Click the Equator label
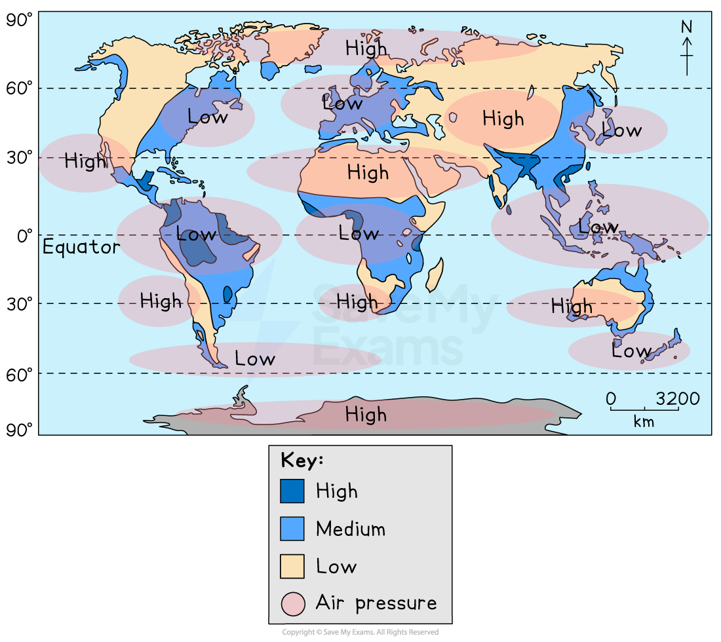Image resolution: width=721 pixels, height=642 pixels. (x=81, y=247)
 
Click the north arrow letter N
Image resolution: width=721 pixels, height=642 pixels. (x=686, y=27)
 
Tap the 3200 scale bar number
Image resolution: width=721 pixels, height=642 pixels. (x=677, y=399)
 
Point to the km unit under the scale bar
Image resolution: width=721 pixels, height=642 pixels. (x=644, y=422)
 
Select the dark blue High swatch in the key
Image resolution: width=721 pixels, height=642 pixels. (x=292, y=491)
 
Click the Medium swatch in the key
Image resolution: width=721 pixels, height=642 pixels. (x=292, y=529)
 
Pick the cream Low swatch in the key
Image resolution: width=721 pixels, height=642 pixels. (x=292, y=567)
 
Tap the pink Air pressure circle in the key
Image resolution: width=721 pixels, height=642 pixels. (x=292, y=603)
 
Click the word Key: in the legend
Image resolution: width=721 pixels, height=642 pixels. (x=302, y=460)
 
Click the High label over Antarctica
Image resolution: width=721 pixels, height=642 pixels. (x=366, y=415)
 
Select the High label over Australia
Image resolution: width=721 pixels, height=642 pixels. (x=572, y=306)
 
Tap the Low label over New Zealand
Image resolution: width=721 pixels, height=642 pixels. (x=631, y=351)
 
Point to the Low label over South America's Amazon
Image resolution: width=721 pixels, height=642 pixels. (x=196, y=234)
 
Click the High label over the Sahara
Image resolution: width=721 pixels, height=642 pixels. (x=368, y=173)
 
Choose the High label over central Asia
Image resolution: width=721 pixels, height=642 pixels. (x=503, y=119)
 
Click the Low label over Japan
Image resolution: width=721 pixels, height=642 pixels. (x=621, y=130)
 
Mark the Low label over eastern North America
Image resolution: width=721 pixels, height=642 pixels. (x=207, y=117)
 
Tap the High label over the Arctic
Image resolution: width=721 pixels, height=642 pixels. (x=366, y=48)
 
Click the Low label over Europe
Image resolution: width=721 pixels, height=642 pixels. (x=342, y=103)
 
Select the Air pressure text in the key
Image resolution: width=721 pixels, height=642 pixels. (x=376, y=603)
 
